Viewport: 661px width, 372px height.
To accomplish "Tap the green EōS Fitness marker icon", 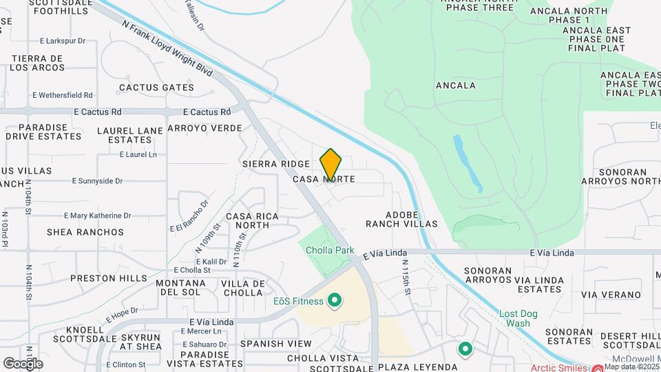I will [335, 300].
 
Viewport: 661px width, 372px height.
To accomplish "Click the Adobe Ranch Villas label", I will [401, 219].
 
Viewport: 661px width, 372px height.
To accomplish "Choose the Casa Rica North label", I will [252, 220].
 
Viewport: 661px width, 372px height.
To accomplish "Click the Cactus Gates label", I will [156, 87].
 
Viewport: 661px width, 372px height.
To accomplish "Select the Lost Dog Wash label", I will [514, 318].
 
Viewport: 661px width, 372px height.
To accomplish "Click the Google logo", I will [23, 363].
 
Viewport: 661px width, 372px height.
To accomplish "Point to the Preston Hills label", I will [108, 278].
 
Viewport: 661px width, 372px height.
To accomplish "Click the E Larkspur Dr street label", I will [63, 41].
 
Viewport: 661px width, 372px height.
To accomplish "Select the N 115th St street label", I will [407, 278].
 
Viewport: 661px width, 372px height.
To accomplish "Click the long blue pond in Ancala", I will [468, 163].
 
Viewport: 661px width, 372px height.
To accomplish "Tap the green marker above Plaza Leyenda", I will [465, 349].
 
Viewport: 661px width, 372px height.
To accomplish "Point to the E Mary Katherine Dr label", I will [97, 216].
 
